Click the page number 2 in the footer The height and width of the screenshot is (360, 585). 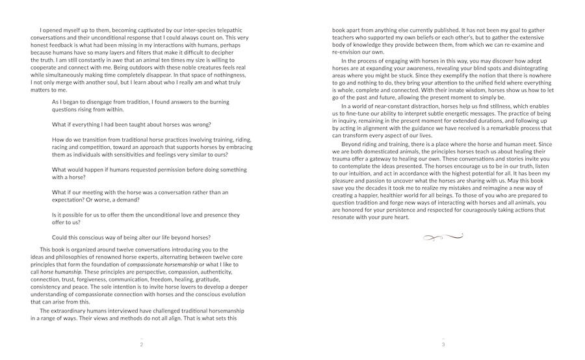(141, 344)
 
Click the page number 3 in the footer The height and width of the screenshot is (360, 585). (443, 344)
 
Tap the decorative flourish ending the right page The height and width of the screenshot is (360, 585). (443, 237)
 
